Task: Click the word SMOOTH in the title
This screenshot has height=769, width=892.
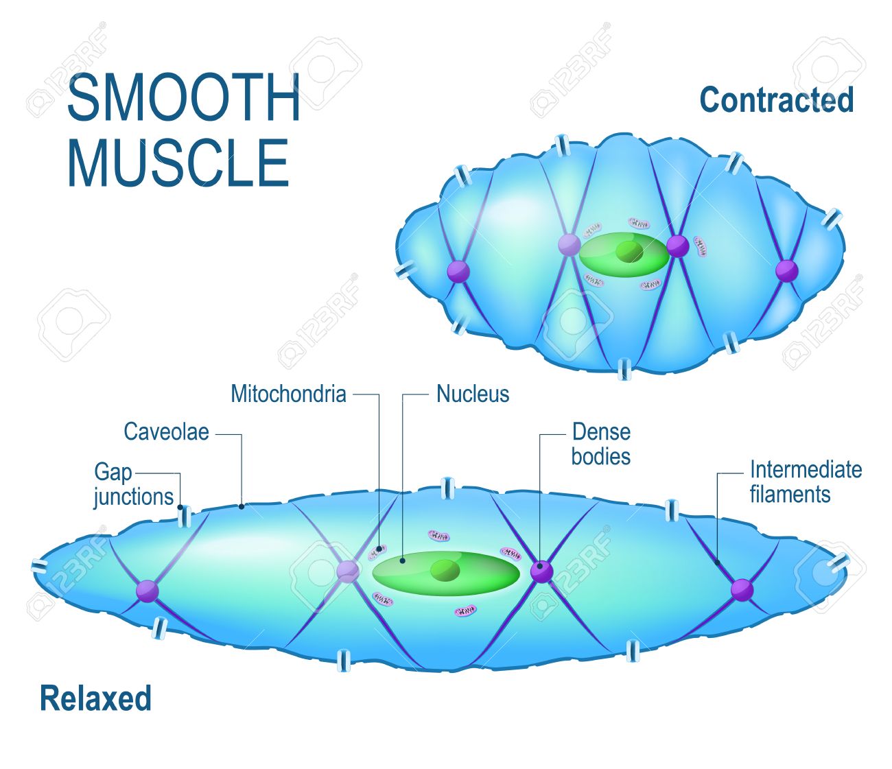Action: click(x=183, y=97)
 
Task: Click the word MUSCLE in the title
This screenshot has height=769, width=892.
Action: click(x=178, y=163)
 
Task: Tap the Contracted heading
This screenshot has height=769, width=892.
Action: click(x=776, y=99)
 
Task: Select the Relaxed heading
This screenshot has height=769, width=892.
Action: click(x=95, y=698)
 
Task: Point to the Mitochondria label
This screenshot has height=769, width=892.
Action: click(x=288, y=394)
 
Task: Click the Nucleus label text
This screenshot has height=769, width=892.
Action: click(x=473, y=394)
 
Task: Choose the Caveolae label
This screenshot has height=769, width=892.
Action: click(x=167, y=431)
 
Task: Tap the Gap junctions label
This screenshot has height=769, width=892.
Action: click(x=134, y=484)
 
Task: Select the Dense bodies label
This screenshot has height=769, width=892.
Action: click(x=601, y=444)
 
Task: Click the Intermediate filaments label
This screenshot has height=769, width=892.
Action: click(x=806, y=482)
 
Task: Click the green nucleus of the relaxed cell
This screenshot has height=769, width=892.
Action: click(x=445, y=573)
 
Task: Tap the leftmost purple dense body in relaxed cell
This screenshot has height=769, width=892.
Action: click(x=148, y=591)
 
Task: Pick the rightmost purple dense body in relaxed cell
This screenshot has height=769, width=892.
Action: click(x=742, y=590)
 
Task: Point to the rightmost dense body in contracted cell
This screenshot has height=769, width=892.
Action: click(x=787, y=270)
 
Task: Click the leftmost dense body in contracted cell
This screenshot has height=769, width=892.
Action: click(x=458, y=271)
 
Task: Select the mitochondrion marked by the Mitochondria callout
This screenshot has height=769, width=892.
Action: click(x=377, y=552)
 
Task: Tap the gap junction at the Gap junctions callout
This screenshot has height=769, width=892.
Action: click(x=185, y=517)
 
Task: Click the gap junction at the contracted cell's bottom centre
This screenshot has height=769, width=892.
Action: click(x=624, y=369)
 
